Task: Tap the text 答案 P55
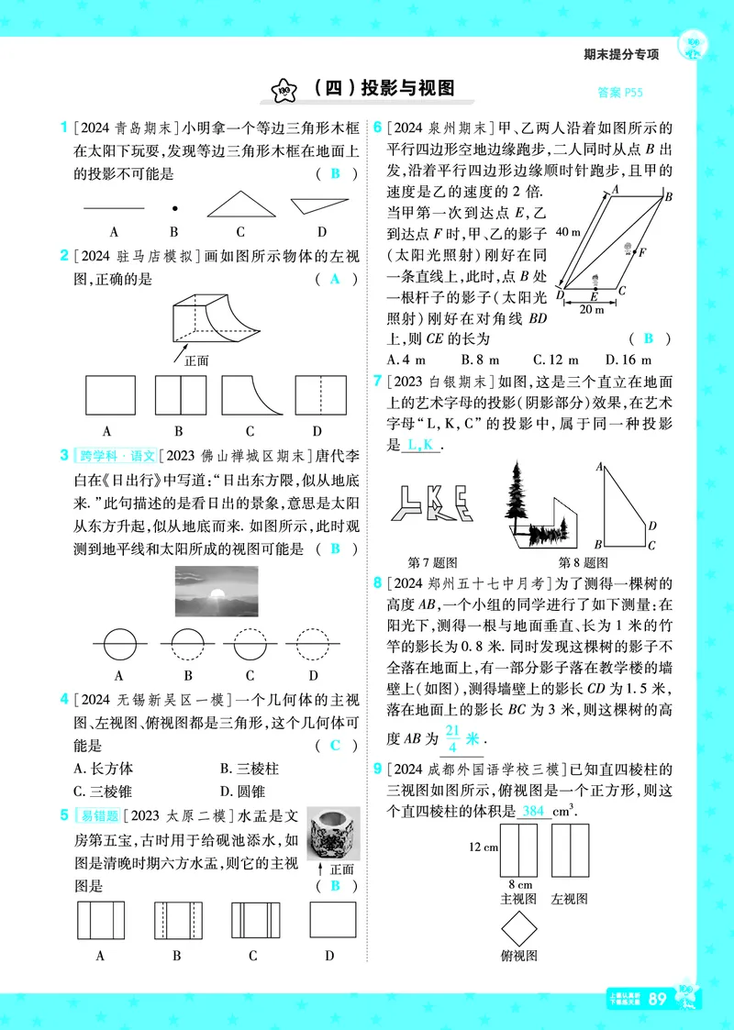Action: coord(619,92)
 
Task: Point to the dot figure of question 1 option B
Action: coord(174,208)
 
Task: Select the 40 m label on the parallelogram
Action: coord(568,233)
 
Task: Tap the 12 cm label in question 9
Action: coord(483,847)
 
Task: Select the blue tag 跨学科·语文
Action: coord(117,456)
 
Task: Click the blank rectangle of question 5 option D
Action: coord(333,920)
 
